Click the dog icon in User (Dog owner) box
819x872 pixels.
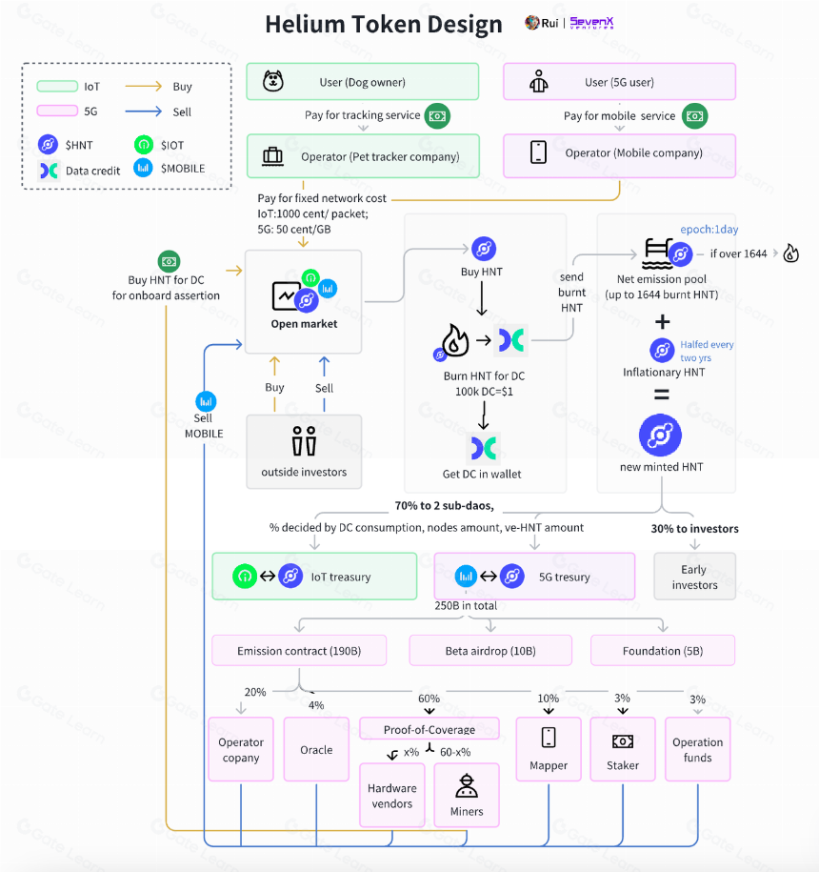click(x=272, y=81)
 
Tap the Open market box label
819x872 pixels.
click(x=304, y=324)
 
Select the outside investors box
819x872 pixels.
click(x=304, y=452)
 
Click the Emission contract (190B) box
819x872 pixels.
click(x=299, y=650)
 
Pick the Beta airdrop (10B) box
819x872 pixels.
click(x=490, y=650)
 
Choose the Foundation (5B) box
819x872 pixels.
click(x=663, y=650)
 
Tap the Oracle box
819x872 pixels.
click(x=316, y=749)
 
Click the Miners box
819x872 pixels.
click(x=467, y=795)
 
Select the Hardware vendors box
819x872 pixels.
click(x=392, y=795)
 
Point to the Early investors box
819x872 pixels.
click(x=694, y=577)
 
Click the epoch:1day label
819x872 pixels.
click(x=709, y=229)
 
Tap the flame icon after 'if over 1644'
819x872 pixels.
click(x=790, y=253)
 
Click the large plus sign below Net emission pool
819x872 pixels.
click(x=662, y=321)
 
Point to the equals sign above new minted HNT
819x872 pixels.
click(x=661, y=395)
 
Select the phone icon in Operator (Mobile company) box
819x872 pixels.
click(x=538, y=152)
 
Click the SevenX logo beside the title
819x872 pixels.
click(x=591, y=22)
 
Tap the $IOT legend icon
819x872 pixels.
click(x=144, y=145)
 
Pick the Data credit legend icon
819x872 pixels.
click(x=49, y=171)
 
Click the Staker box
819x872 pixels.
click(x=623, y=749)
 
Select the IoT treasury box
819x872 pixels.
click(x=314, y=577)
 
